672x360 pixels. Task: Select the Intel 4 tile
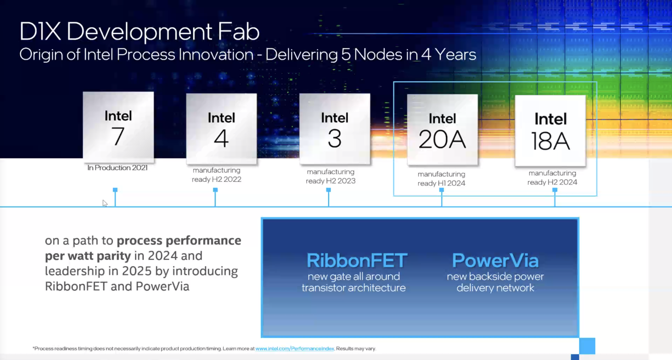click(x=222, y=129)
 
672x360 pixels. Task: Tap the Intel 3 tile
click(x=335, y=129)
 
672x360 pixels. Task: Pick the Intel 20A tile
click(x=442, y=130)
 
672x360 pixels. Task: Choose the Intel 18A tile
click(x=550, y=131)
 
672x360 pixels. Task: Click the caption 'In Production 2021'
click(x=118, y=168)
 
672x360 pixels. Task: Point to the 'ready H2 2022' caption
click(x=217, y=179)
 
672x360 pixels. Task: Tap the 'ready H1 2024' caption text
click(x=441, y=183)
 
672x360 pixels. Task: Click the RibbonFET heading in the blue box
click(x=357, y=261)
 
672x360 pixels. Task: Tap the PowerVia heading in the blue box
click(x=495, y=261)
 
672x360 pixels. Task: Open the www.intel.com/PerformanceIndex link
click(x=295, y=348)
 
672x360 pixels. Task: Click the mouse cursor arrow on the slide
click(x=105, y=203)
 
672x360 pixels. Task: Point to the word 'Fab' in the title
click(x=239, y=32)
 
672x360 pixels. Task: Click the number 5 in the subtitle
click(x=346, y=55)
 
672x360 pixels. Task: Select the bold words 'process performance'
click(x=179, y=241)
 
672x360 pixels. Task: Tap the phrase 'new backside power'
click(x=495, y=277)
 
